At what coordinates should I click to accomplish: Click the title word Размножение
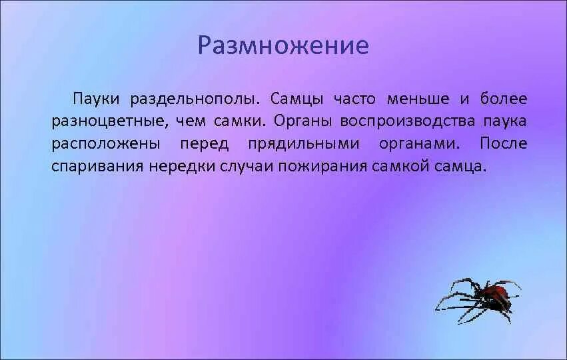point(283,45)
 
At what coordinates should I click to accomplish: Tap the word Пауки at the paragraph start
point(96,99)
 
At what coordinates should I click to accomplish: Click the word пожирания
point(320,166)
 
